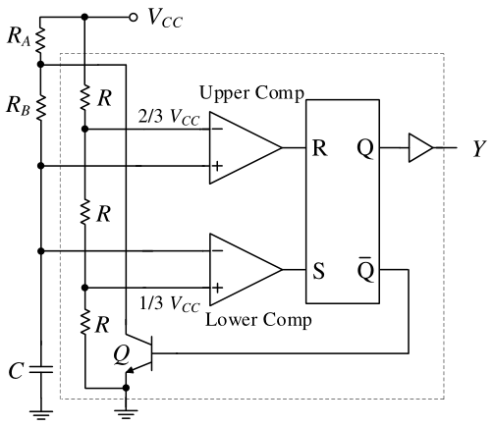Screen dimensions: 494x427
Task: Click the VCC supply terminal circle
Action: click(133, 17)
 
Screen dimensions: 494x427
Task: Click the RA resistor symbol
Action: click(40, 40)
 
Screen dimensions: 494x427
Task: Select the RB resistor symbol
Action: click(40, 108)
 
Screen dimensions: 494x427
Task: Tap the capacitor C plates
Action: click(41, 370)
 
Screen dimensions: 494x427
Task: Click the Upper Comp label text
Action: click(251, 94)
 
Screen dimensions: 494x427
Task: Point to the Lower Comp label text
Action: click(258, 320)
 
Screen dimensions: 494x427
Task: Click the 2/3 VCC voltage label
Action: click(169, 117)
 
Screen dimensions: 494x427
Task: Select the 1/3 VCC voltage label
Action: click(169, 304)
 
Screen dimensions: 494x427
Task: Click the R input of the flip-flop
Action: click(319, 148)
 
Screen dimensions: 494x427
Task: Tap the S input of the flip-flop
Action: click(318, 271)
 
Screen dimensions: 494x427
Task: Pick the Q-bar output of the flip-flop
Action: click(365, 269)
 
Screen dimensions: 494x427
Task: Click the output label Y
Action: click(479, 149)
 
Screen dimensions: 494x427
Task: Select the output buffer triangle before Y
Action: click(421, 148)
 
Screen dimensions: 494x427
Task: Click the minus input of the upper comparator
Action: click(217, 129)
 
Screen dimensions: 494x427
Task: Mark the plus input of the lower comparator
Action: click(217, 288)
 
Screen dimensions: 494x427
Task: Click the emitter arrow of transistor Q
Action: click(130, 370)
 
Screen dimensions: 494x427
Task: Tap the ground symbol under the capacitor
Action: click(41, 414)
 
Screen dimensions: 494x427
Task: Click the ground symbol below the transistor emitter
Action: click(126, 414)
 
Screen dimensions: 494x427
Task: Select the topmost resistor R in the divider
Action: click(84, 97)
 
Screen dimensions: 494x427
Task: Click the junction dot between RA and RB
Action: click(40, 64)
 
